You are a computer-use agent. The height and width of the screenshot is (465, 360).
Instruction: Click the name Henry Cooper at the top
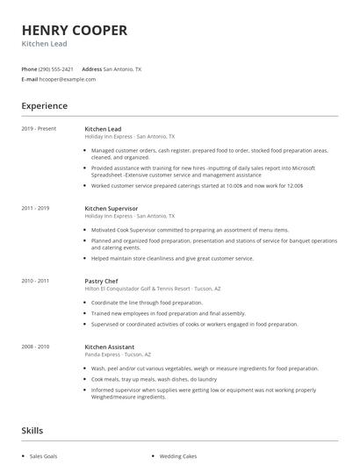pyautogui.click(x=74, y=30)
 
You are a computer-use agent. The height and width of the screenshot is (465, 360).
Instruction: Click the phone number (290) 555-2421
pyautogui.click(x=57, y=68)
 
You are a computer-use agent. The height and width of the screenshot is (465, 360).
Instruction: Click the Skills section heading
pyautogui.click(x=32, y=431)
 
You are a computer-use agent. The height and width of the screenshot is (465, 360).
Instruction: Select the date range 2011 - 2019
pyautogui.click(x=36, y=208)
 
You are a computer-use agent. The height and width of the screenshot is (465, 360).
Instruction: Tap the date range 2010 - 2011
pyautogui.click(x=36, y=280)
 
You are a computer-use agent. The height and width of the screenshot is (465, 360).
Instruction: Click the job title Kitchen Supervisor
pyautogui.click(x=112, y=208)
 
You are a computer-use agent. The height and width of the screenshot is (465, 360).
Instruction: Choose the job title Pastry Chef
pyautogui.click(x=102, y=280)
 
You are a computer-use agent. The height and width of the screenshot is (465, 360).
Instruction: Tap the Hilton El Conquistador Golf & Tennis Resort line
pyautogui.click(x=151, y=288)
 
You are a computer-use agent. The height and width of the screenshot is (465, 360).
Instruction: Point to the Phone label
pyautogui.click(x=29, y=68)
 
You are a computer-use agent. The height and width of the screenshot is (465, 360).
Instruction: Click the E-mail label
pyautogui.click(x=29, y=79)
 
